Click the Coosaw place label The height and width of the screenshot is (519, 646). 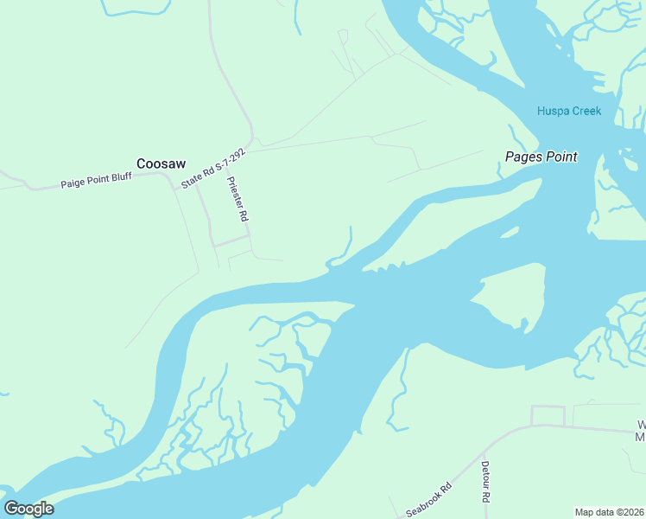[162, 163]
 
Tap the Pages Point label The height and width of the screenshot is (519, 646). [541, 157]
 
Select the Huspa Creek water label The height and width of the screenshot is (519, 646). [569, 111]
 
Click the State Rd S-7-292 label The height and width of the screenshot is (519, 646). [213, 168]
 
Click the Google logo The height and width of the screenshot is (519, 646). [29, 508]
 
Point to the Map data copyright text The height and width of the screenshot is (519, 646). [610, 512]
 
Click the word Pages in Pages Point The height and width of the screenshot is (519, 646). [522, 157]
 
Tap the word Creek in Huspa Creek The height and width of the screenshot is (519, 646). [586, 111]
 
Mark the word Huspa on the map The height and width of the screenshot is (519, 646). [553, 111]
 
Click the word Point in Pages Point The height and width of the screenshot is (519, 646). [560, 157]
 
